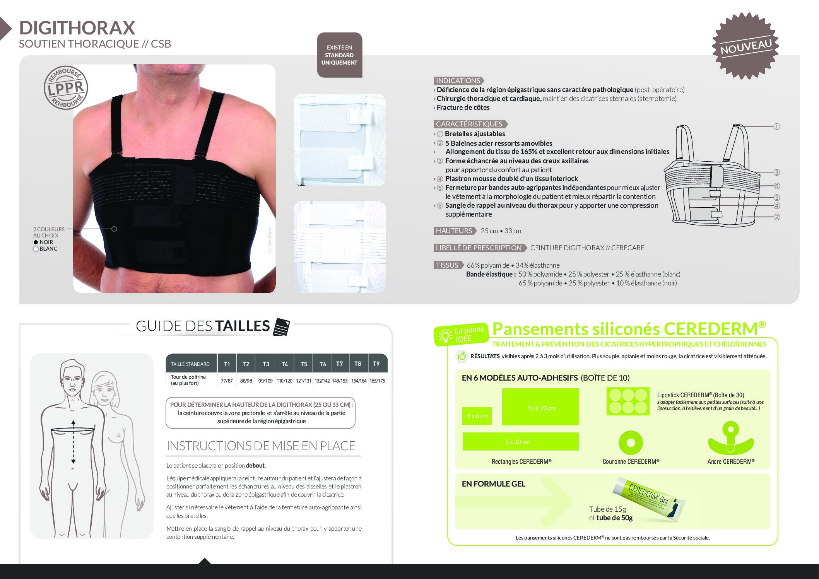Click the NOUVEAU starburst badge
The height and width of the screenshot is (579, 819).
[x=745, y=46]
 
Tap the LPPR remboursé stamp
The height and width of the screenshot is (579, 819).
[x=66, y=88]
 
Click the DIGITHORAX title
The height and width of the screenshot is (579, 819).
[x=77, y=28]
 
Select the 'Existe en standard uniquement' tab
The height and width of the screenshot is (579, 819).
[x=339, y=55]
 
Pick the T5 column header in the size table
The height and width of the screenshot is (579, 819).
[x=304, y=364]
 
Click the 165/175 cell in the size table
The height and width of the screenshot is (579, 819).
[x=377, y=381]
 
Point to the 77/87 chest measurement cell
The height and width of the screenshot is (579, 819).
[x=227, y=381]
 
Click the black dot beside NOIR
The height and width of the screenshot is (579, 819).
[x=36, y=242]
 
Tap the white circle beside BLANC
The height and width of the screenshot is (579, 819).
[x=36, y=249]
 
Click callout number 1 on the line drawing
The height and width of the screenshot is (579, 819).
[x=776, y=126]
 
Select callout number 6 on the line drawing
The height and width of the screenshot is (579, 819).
[x=776, y=186]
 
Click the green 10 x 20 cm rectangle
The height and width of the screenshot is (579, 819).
[x=540, y=407]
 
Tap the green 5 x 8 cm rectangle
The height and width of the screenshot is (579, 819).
[x=477, y=416]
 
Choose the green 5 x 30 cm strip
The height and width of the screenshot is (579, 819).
[x=520, y=442]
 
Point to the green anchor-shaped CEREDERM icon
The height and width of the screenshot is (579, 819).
[x=731, y=439]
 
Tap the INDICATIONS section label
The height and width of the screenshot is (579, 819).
[x=458, y=81]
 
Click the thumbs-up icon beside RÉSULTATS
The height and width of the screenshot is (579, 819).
[x=462, y=356]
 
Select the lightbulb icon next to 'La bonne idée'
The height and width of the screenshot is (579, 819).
[x=445, y=336]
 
